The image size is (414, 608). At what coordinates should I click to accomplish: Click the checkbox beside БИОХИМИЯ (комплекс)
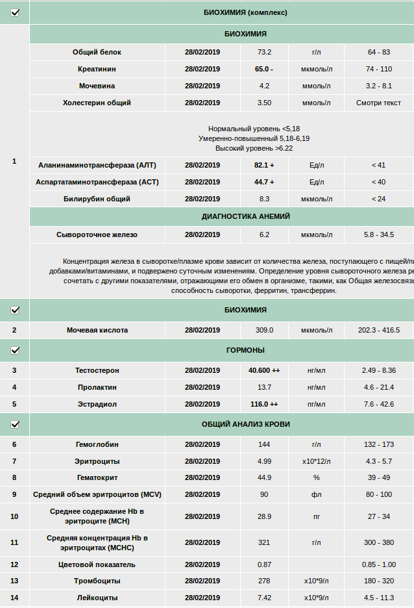[x=15, y=12]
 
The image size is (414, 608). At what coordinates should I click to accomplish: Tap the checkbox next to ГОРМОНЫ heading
[x=15, y=351]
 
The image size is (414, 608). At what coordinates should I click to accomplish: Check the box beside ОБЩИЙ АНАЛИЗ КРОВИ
[x=15, y=425]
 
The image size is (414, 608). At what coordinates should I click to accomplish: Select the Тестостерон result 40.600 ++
[x=264, y=370]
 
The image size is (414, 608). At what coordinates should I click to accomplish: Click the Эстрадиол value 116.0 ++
[x=264, y=404]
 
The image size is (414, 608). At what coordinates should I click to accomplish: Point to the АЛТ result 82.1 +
[x=264, y=165]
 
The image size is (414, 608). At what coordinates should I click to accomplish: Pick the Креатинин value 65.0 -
[x=264, y=69]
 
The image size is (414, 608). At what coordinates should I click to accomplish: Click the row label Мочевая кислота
[x=97, y=330]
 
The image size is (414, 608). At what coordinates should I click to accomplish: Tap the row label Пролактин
[x=97, y=387]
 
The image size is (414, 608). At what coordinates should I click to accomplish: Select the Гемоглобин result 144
[x=264, y=444]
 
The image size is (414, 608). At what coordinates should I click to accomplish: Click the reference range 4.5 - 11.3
[x=379, y=598]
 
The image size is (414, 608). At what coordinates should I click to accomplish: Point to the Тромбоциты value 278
[x=264, y=581]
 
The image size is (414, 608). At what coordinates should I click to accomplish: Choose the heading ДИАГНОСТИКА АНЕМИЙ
[x=246, y=216]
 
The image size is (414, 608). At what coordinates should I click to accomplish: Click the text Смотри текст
[x=379, y=103]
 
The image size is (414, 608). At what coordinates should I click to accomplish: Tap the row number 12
[x=14, y=564]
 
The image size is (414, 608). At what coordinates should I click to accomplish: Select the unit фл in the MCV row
[x=317, y=494]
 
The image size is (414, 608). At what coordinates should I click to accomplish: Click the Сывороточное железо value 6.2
[x=264, y=234]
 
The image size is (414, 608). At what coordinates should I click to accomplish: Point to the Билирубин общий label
[x=97, y=199]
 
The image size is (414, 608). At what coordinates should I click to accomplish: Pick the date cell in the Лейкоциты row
[x=202, y=598]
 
